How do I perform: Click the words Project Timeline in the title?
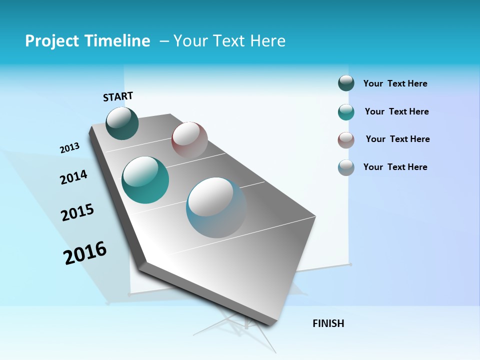click(x=87, y=41)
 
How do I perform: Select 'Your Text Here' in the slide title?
click(x=229, y=41)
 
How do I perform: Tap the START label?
click(x=118, y=96)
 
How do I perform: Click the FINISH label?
click(x=328, y=323)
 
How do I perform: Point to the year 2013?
click(x=69, y=148)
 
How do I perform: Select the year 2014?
click(x=73, y=177)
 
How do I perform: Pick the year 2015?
click(x=77, y=212)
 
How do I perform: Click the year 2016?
click(x=85, y=253)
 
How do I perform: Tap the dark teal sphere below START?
click(x=122, y=123)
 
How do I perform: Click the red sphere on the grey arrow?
click(x=189, y=139)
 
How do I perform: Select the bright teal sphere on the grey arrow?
click(x=145, y=180)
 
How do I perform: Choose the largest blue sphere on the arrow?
click(x=216, y=207)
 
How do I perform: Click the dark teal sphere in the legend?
click(x=346, y=83)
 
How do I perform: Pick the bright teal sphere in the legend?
click(x=346, y=112)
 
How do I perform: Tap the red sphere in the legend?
click(x=346, y=140)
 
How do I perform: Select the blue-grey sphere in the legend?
click(x=346, y=167)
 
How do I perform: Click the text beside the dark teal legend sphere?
click(x=395, y=84)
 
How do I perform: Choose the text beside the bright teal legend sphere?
click(x=396, y=111)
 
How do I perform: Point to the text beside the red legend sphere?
click(x=397, y=139)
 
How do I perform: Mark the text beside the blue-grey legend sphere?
click(x=395, y=167)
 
